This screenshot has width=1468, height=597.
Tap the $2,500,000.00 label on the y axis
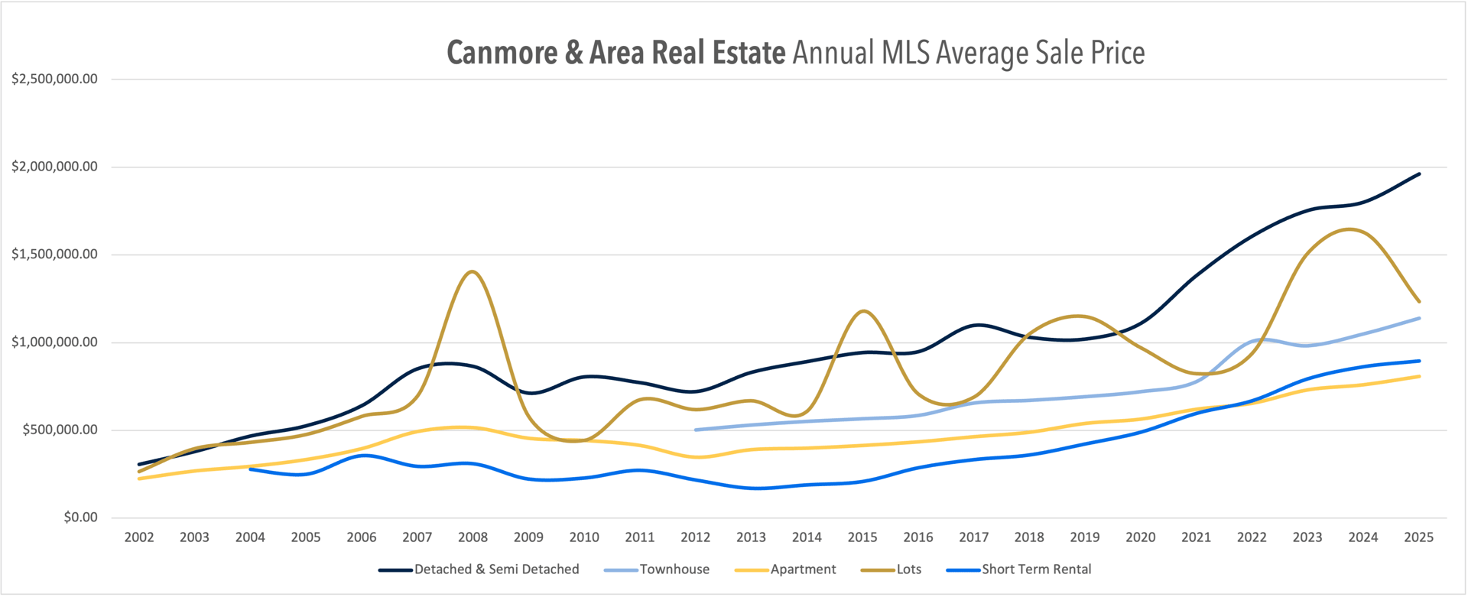pos(54,79)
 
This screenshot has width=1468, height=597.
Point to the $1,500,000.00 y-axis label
pos(54,255)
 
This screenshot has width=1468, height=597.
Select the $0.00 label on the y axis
pos(80,518)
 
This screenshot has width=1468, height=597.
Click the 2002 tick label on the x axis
pos(139,537)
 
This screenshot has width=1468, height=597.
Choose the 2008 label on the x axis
pos(473,537)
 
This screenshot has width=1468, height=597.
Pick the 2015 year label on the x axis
pos(862,537)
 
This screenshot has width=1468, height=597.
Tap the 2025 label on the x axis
pos(1418,537)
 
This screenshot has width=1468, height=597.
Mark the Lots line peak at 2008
pos(472,271)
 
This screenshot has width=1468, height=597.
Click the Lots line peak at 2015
pos(863,311)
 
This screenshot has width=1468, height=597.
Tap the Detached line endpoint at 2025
pos(1419,174)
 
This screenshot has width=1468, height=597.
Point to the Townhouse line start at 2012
pos(696,430)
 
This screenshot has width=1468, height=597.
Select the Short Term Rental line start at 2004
pos(251,469)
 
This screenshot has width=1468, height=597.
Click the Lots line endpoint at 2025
pos(1419,301)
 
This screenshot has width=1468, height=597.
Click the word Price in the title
pos(1117,54)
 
